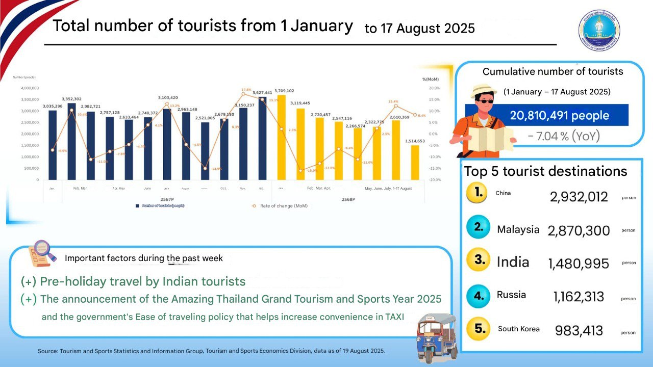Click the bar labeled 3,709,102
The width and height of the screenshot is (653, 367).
pos(281,138)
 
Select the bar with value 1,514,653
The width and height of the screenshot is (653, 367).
pos(415,163)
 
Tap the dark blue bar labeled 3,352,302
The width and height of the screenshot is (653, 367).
pos(71,142)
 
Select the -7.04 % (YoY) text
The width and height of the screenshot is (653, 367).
pos(564,136)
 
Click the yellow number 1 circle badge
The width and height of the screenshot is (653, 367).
pos(479,193)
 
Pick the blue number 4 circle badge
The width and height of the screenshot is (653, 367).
pos(478,296)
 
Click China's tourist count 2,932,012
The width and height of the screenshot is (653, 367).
pos(579,197)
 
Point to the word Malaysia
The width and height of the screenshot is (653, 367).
pos(518,229)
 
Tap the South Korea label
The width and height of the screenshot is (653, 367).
pos(518,329)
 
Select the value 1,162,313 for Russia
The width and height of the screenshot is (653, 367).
pos(579,296)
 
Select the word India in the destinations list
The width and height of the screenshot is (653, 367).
pos(513,262)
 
